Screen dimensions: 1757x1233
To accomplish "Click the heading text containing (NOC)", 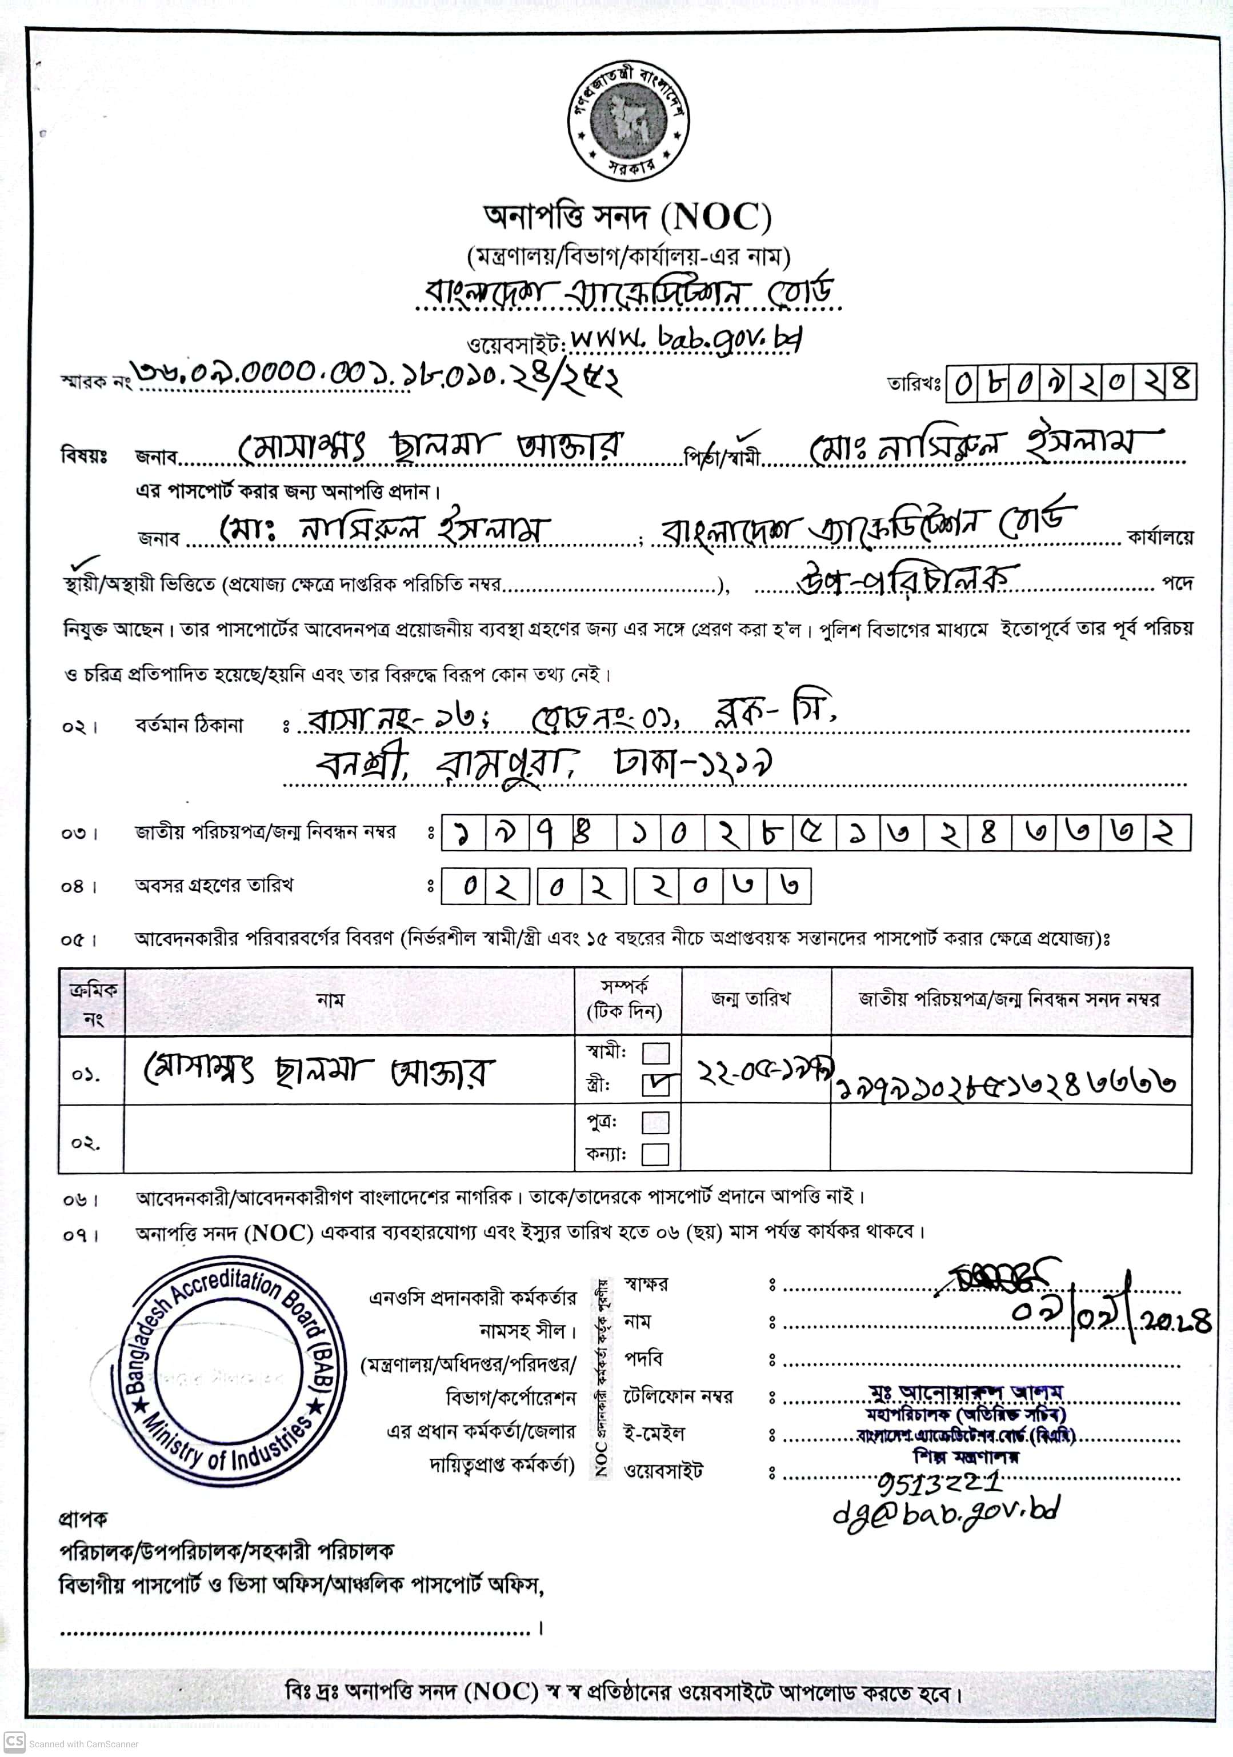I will (x=627, y=218).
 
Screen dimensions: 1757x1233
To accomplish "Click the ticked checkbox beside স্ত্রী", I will (x=655, y=1085).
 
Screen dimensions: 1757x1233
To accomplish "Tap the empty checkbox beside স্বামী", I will (x=655, y=1054).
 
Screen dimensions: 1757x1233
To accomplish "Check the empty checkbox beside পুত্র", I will (x=655, y=1123).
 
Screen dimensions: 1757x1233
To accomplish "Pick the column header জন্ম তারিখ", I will (x=750, y=999).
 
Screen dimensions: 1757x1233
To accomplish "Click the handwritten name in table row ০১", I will (x=320, y=1071).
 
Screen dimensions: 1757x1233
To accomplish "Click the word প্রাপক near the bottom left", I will (x=83, y=1518).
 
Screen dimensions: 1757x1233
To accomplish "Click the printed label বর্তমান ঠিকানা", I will (x=189, y=725).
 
